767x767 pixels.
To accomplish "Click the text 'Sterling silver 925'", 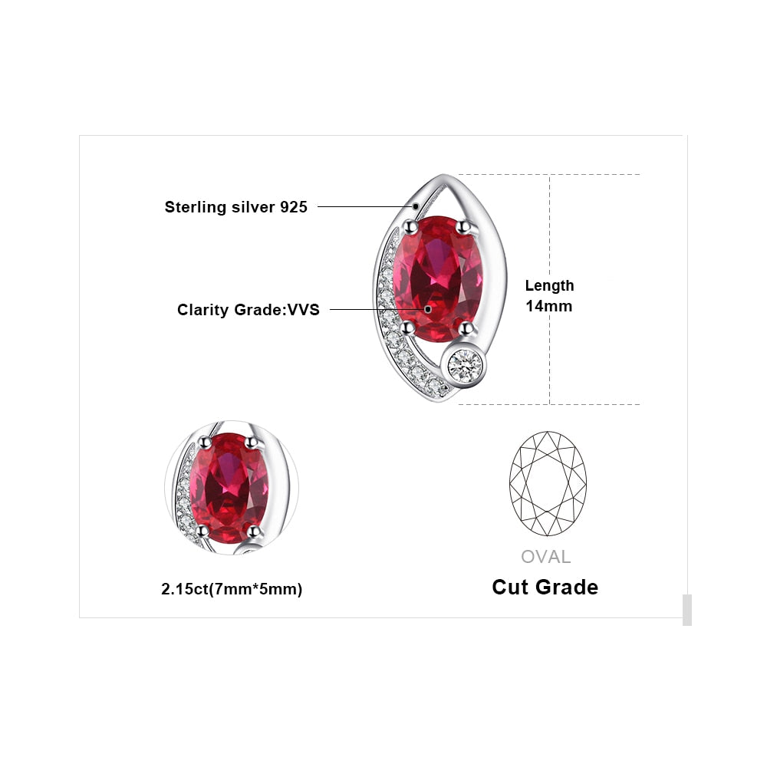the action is (235, 207).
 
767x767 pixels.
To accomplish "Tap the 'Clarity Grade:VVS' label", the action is (248, 310).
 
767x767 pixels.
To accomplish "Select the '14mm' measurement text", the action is (549, 306).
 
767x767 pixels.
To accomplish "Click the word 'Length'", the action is (549, 285).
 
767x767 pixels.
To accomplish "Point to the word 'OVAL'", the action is (546, 557).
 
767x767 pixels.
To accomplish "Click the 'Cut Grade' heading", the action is (545, 587).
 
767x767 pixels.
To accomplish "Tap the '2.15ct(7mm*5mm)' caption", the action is (232, 589).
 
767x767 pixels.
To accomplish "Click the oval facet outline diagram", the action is (548, 483).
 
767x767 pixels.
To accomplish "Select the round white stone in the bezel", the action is (465, 364).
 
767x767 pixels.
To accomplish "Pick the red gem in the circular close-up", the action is (229, 487).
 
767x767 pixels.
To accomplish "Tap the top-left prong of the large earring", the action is (410, 226).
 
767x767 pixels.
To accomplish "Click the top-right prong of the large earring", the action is (464, 226).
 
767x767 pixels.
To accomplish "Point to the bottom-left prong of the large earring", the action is (407, 328).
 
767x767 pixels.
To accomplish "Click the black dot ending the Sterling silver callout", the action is (416, 206).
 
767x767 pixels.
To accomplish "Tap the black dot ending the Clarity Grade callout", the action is (427, 309).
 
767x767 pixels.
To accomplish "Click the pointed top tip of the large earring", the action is (443, 175).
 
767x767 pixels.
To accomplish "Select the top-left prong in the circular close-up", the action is (205, 443).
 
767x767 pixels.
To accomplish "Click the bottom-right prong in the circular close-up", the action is (253, 531).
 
